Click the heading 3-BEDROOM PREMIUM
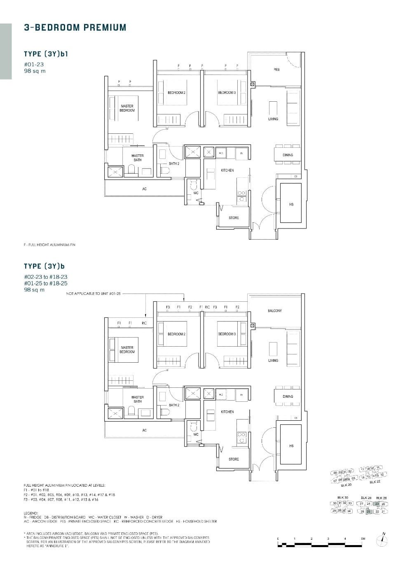[75, 28]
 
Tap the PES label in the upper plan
[276, 70]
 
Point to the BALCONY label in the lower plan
[275, 311]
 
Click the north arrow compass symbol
[383, 540]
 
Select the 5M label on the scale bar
[363, 538]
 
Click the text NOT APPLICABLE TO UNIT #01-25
[93, 294]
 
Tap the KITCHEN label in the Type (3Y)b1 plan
[227, 170]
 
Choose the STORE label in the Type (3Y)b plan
[234, 459]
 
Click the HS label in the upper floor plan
[291, 205]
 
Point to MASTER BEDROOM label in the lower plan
[127, 350]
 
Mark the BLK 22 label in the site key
[375, 482]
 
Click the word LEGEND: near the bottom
[31, 513]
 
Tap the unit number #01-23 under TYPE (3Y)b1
[34, 64]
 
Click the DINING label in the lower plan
[288, 396]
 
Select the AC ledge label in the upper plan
[144, 189]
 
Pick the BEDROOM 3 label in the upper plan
[227, 93]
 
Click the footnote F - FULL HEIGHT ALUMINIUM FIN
[49, 245]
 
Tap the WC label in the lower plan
[196, 434]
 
